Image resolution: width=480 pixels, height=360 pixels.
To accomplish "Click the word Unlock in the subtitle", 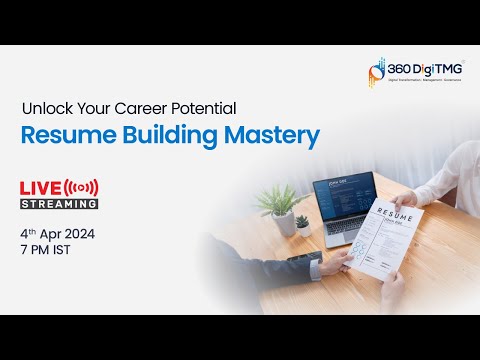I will (x=46, y=106).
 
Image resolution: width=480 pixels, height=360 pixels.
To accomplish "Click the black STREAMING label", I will (x=60, y=203).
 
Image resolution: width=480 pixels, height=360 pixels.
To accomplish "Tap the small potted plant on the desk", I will (x=302, y=221).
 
